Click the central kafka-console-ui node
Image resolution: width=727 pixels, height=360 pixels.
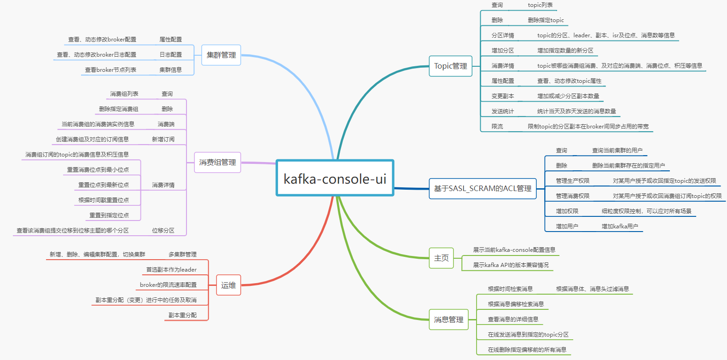(335, 178)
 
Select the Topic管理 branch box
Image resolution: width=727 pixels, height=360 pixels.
(450, 66)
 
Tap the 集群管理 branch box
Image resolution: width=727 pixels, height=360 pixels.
(221, 55)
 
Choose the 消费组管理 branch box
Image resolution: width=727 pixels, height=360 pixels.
(217, 162)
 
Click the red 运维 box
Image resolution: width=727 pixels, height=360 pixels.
(228, 285)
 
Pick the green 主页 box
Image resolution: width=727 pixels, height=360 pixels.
(441, 258)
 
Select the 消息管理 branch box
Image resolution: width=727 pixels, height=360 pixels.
(448, 319)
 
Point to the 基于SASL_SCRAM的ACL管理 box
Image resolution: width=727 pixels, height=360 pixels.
(483, 188)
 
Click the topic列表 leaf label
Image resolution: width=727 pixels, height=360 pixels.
(540, 5)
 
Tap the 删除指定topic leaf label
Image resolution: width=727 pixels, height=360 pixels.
(546, 20)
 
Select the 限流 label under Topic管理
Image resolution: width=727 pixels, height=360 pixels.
(497, 127)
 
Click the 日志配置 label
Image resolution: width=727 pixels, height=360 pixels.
(170, 55)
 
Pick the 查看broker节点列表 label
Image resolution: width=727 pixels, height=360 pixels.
(111, 70)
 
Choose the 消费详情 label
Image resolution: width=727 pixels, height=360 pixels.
(163, 185)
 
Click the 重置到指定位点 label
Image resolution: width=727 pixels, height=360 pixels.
(109, 215)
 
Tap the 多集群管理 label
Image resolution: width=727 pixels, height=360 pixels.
(182, 255)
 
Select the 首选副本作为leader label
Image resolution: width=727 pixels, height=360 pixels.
(171, 270)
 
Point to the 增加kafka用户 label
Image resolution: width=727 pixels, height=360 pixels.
(620, 226)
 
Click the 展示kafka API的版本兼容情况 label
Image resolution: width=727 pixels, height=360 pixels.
(511, 265)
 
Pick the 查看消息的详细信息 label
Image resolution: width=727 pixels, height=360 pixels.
(513, 319)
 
